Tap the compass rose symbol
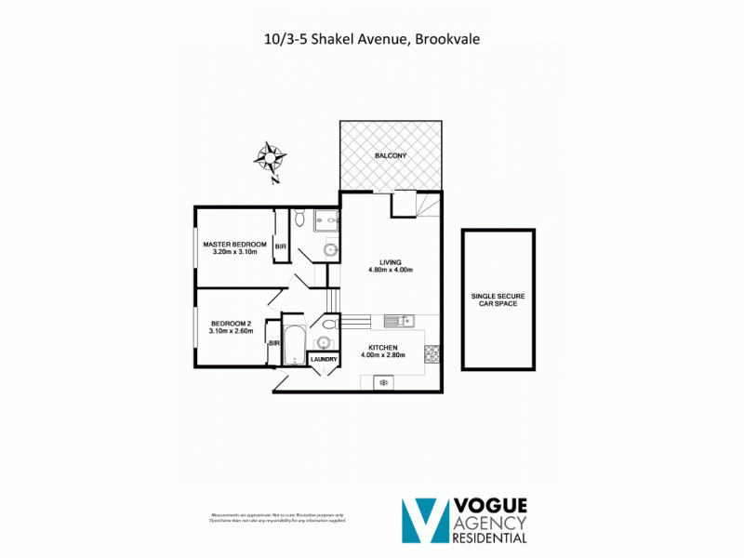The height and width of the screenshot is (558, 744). tap(270, 158)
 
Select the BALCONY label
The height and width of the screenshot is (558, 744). tap(390, 155)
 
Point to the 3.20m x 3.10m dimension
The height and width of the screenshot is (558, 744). tap(234, 252)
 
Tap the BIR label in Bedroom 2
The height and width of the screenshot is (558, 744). tap(274, 343)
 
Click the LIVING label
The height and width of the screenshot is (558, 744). tap(390, 261)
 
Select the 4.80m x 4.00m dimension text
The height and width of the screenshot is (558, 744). tap(390, 271)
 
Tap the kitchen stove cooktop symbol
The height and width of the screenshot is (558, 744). tap(432, 353)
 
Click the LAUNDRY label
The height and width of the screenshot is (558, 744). tap(324, 359)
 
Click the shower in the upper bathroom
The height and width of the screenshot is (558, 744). tap(325, 219)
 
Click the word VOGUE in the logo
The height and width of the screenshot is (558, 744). tap(490, 506)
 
